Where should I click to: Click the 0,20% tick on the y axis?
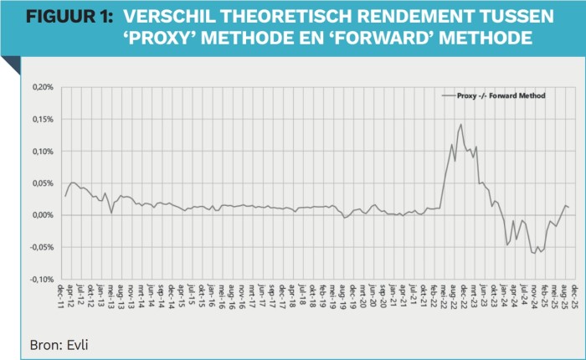pyautogui.click(x=43, y=87)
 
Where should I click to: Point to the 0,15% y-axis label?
pyautogui.click(x=43, y=119)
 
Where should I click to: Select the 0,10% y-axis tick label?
pyautogui.click(x=43, y=151)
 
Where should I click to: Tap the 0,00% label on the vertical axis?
pyautogui.click(x=43, y=215)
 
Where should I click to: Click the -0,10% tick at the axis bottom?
pyautogui.click(x=41, y=279)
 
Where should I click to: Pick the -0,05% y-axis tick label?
pyautogui.click(x=41, y=247)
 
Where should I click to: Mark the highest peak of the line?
pyautogui.click(x=460, y=125)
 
